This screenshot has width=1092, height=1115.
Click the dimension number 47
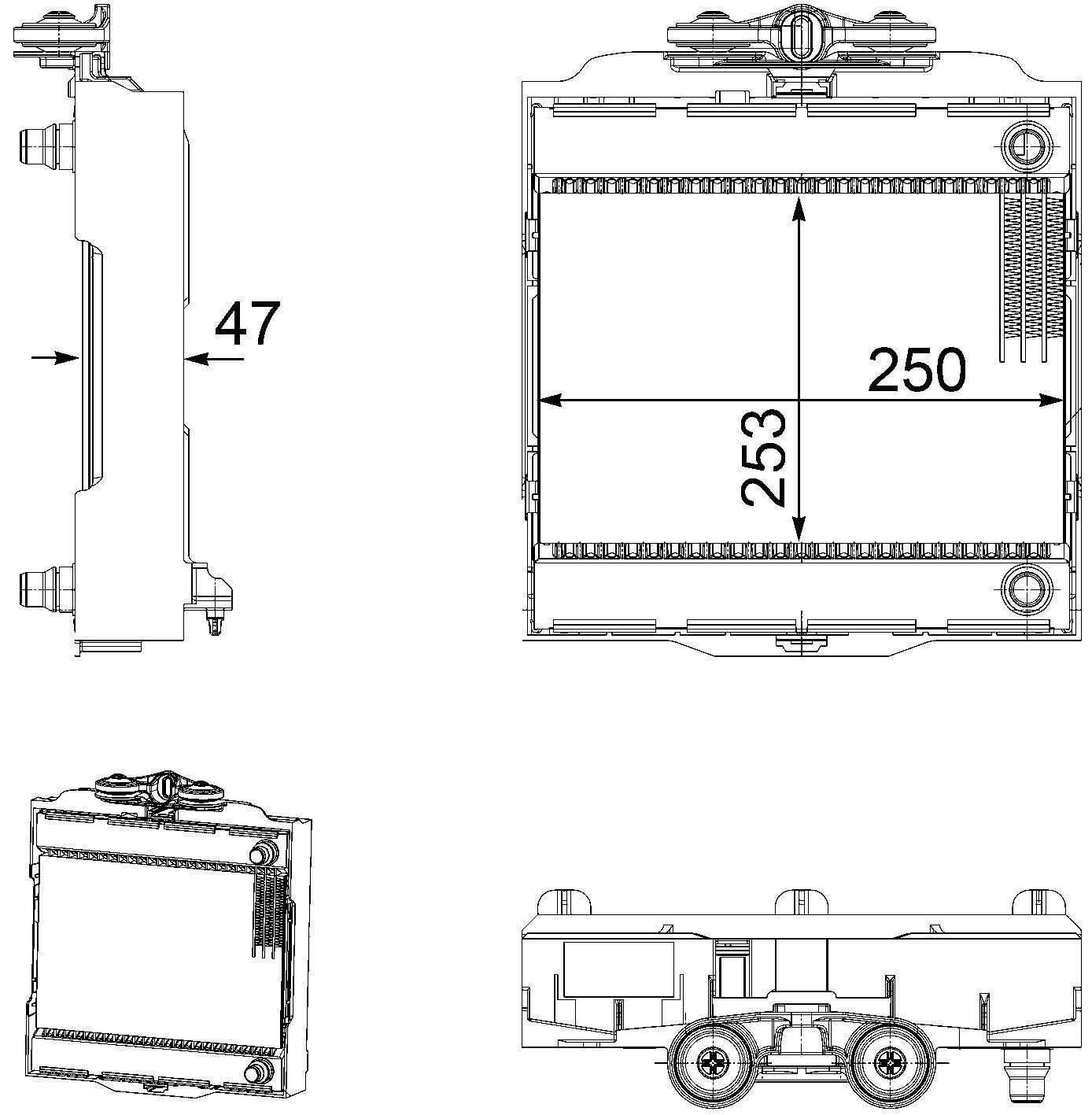click(248, 323)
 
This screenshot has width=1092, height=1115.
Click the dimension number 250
click(917, 369)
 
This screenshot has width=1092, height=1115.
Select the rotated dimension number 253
click(763, 458)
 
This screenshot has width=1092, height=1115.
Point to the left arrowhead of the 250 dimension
click(551, 400)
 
